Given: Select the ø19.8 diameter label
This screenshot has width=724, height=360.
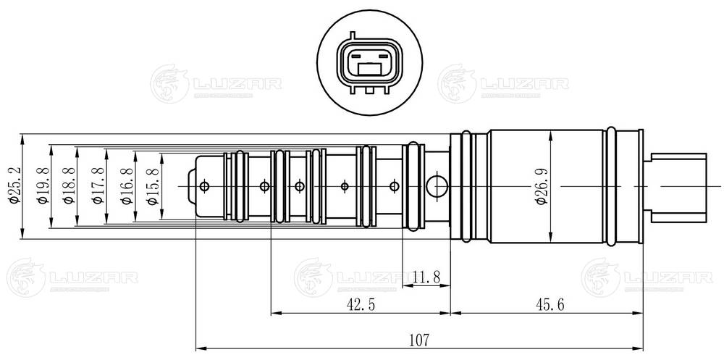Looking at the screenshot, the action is [44, 186].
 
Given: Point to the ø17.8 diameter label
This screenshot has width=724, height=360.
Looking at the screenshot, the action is [97, 186].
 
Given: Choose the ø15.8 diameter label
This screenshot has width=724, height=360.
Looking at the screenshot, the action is [153, 186].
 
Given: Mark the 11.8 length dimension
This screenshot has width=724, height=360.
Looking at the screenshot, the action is [427, 277].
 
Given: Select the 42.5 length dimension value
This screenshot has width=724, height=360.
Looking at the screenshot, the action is [360, 305].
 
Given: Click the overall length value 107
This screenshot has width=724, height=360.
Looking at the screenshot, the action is [419, 338].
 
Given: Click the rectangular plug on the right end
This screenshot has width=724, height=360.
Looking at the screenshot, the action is [681, 186].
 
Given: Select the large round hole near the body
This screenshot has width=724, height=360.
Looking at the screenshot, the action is [437, 186].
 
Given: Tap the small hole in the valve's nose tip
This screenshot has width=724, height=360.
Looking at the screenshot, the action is [204, 186].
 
